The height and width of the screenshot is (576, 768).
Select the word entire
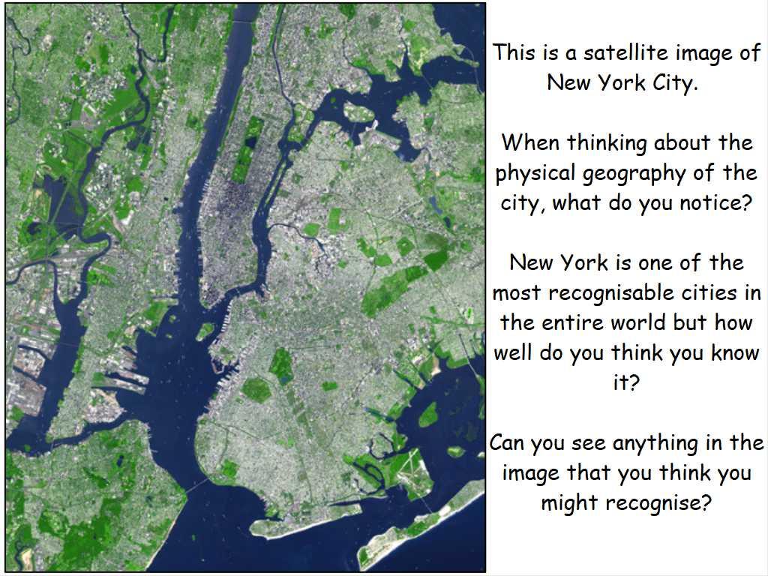click(572, 322)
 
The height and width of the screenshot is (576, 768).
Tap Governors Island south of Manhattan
click(205, 331)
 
